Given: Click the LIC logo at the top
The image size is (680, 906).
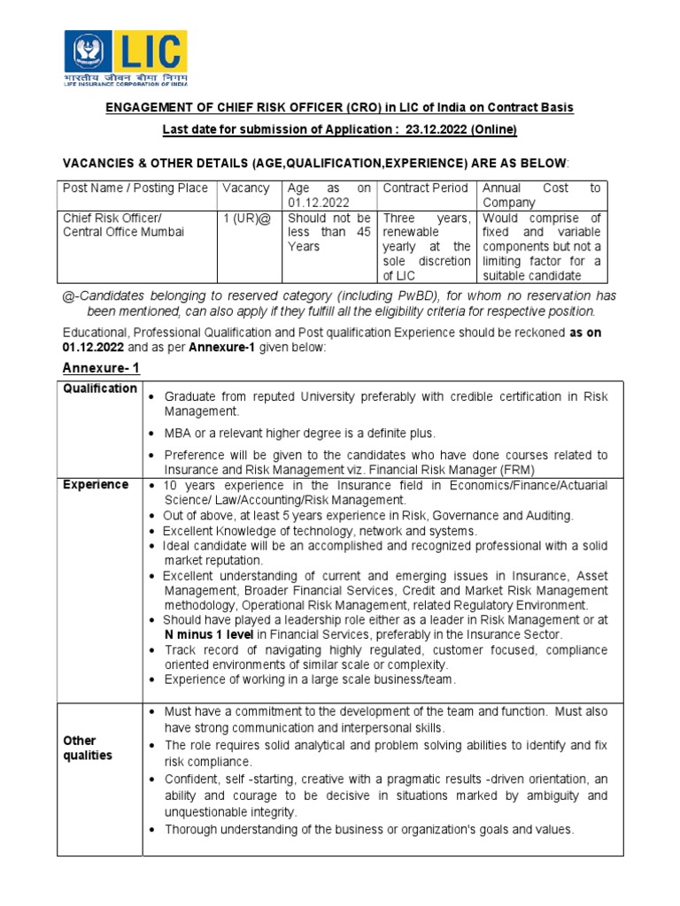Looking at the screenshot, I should click(123, 58).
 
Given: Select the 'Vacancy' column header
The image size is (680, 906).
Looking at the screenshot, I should click(245, 188).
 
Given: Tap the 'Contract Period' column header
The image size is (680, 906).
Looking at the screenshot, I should click(424, 188).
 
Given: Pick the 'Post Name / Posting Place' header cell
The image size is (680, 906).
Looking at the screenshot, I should click(135, 188).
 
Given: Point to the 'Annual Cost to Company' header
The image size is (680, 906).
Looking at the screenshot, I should click(540, 195).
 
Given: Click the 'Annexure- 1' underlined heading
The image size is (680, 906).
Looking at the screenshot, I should click(100, 367).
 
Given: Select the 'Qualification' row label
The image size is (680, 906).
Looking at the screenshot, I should click(99, 388).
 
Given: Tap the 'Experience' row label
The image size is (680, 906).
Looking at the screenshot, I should click(95, 485).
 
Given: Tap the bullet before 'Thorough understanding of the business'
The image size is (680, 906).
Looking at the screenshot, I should click(154, 830).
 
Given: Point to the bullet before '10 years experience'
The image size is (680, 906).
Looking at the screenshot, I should click(154, 486).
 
